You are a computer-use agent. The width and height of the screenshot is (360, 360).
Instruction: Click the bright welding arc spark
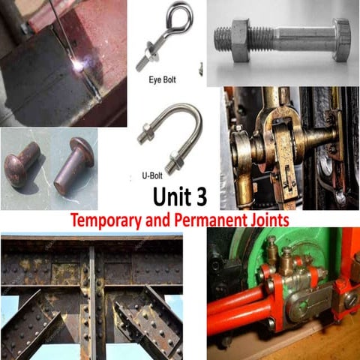[76, 67]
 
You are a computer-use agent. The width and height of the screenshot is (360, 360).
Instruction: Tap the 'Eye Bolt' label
[163, 78]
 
